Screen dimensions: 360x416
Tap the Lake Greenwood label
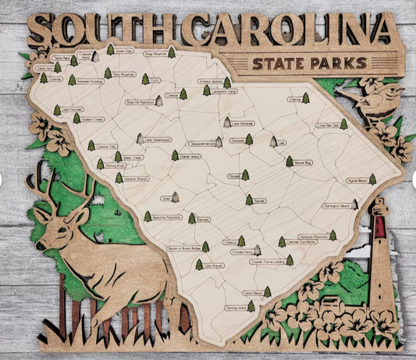(158, 141)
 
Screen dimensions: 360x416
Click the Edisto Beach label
(251, 294)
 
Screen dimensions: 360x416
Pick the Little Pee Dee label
(327, 124)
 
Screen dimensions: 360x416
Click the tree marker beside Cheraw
(305, 98)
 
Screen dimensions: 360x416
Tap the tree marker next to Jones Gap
(110, 49)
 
